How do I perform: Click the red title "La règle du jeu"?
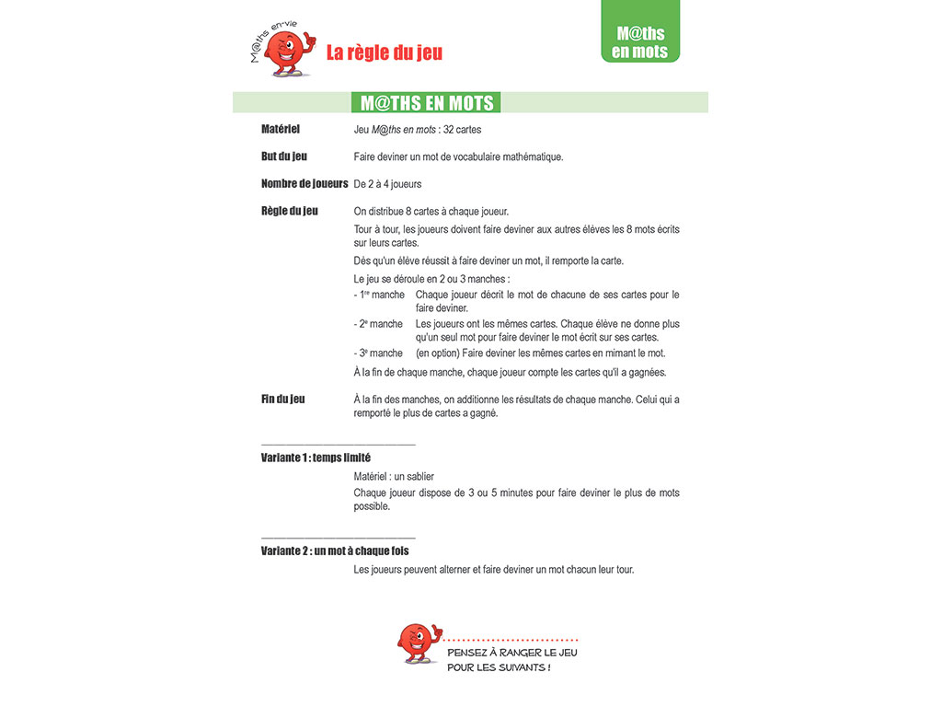(x=385, y=52)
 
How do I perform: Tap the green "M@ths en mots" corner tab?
(x=640, y=41)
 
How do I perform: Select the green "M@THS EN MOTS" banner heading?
(x=427, y=102)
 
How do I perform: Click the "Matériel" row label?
(x=281, y=129)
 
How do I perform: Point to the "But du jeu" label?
(x=284, y=156)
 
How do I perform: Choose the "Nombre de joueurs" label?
(x=304, y=184)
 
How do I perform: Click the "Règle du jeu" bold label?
(x=290, y=211)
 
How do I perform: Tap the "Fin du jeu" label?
(x=283, y=400)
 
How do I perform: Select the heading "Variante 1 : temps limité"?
(x=316, y=458)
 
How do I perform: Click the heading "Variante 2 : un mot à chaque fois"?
(x=335, y=551)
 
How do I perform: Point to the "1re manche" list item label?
(x=379, y=295)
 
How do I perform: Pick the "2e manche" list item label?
(x=379, y=324)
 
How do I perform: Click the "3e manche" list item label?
(x=379, y=353)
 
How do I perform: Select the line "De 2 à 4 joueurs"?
(x=387, y=184)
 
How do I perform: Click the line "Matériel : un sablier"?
(x=394, y=477)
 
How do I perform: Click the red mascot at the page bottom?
(x=417, y=643)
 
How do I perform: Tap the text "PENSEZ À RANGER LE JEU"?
(x=512, y=653)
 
